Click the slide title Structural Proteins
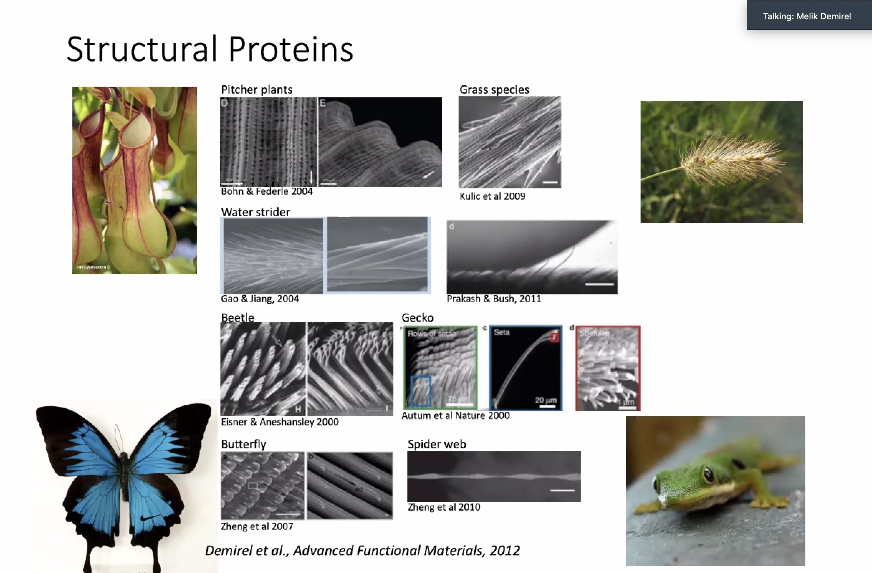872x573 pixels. pyautogui.click(x=210, y=49)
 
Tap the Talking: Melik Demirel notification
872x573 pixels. pyautogui.click(x=807, y=16)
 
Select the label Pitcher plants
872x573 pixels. pyautogui.click(x=257, y=90)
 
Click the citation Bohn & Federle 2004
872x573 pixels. pyautogui.click(x=267, y=191)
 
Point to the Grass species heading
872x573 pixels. pyautogui.click(x=494, y=90)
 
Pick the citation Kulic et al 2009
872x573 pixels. pyautogui.click(x=492, y=196)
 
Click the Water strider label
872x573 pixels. pyautogui.click(x=255, y=212)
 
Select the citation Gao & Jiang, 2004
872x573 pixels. pyautogui.click(x=260, y=299)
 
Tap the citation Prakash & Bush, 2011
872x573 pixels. pyautogui.click(x=494, y=299)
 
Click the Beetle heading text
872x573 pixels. pyautogui.click(x=238, y=317)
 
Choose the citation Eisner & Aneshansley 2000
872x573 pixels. pyautogui.click(x=279, y=422)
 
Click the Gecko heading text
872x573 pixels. pyautogui.click(x=417, y=317)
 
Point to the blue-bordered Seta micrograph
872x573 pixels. pyautogui.click(x=526, y=368)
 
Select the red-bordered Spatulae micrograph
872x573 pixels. pyautogui.click(x=608, y=368)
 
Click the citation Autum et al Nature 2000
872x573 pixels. pyautogui.click(x=455, y=415)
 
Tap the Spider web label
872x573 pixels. pyautogui.click(x=437, y=444)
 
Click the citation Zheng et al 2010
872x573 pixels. pyautogui.click(x=444, y=507)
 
